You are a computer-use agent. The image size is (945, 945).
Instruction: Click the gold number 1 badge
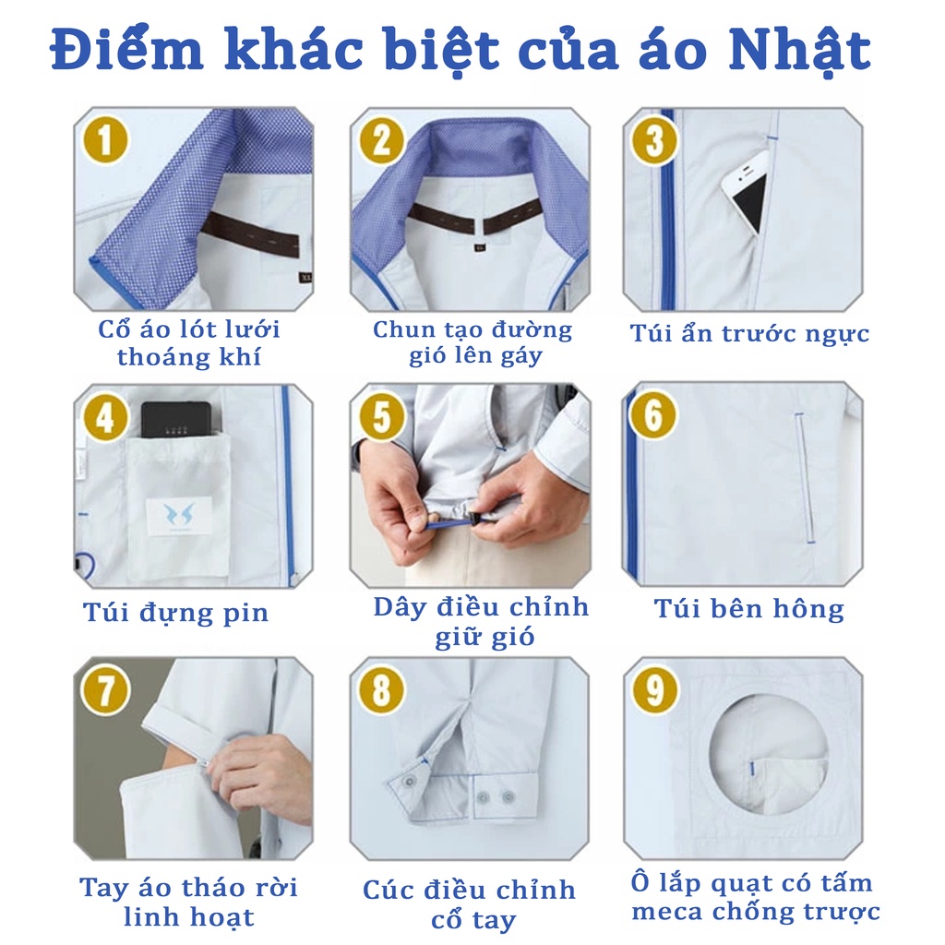pos(105,140)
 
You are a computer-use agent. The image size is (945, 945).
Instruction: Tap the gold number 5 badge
pos(382,417)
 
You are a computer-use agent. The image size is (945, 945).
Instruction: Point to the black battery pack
pos(176,420)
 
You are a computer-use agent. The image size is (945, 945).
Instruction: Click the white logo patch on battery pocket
pos(180,516)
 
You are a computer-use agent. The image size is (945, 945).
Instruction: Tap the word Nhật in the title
pos(800,51)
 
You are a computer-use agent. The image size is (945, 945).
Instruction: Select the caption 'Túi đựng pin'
pos(175,613)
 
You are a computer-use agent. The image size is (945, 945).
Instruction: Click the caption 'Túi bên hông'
pos(749,609)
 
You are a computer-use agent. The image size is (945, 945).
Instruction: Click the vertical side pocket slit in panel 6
pos(805,478)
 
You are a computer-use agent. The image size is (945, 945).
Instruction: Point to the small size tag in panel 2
pos(480,246)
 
